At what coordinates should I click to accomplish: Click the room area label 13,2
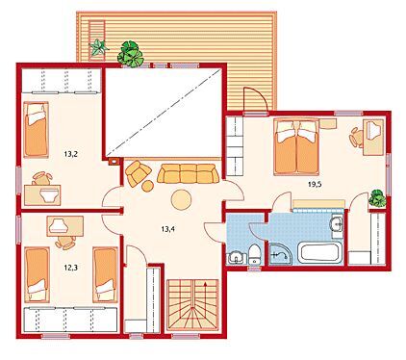tap(71, 154)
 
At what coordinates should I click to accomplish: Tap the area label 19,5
tap(315, 184)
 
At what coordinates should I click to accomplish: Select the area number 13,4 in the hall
tap(167, 229)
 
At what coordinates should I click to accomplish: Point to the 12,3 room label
tap(71, 268)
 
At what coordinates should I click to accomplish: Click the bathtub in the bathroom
tap(318, 253)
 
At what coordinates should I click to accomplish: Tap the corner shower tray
tap(280, 254)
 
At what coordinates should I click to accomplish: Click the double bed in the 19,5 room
tap(296, 147)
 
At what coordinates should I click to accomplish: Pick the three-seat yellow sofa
tap(188, 173)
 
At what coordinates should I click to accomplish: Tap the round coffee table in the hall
tap(181, 199)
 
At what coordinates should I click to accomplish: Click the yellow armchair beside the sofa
tap(138, 173)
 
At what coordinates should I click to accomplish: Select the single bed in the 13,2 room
tap(36, 130)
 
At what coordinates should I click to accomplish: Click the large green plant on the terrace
tap(131, 54)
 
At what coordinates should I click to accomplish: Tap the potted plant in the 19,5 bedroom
tap(377, 198)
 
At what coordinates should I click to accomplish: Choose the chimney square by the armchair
tap(114, 162)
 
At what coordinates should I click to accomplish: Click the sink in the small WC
tap(237, 258)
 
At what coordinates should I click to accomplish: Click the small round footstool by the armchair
tap(147, 186)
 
